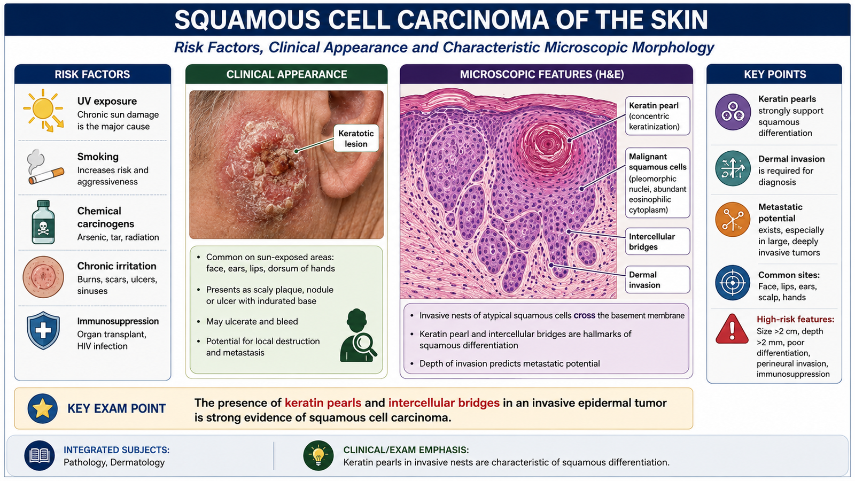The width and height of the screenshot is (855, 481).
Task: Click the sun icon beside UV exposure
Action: [43, 110]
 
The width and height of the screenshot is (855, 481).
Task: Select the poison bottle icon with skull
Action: [43, 222]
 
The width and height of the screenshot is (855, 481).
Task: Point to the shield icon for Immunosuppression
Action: [43, 331]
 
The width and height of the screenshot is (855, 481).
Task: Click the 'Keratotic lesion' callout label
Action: [356, 138]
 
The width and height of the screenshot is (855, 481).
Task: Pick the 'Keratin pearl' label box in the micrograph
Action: [657, 115]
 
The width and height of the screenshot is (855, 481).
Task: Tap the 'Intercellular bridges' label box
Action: [657, 241]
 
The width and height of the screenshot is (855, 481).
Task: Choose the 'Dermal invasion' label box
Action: [657, 280]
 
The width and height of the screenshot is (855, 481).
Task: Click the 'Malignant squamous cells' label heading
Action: [657, 162]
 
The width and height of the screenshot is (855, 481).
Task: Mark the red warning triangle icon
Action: [732, 329]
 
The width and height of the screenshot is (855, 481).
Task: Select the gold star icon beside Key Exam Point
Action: [42, 408]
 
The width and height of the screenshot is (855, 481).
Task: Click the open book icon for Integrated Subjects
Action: [40, 455]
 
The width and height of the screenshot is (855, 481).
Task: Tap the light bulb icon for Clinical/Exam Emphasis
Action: [318, 455]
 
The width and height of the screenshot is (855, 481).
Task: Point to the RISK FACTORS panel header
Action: [92, 74]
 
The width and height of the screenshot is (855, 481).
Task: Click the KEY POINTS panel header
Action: [774, 74]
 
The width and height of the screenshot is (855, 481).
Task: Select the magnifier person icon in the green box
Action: [358, 336]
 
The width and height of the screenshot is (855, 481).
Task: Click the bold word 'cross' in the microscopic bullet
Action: [584, 316]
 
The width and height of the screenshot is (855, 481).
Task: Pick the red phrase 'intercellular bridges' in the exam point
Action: [444, 403]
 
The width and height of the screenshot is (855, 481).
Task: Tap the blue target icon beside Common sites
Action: [733, 283]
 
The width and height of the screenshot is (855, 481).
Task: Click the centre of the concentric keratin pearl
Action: [548, 144]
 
